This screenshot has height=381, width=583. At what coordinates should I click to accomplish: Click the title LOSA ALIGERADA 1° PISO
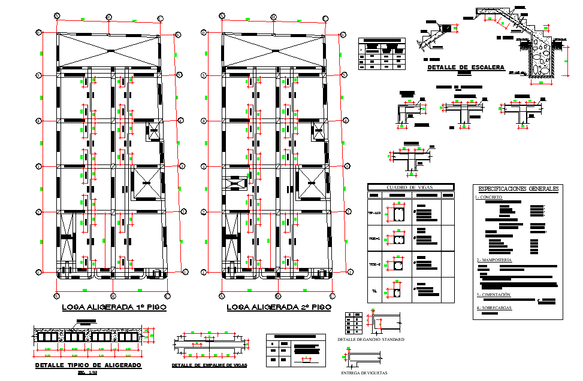pos(114,307)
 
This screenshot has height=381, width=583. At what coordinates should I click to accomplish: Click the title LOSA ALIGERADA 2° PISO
pos(279,307)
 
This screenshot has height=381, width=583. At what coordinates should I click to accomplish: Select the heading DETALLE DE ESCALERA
pos(466,68)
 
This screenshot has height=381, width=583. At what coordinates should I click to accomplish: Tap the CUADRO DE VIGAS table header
pos(410,187)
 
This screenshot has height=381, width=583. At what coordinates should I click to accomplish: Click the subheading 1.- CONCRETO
pos(489,197)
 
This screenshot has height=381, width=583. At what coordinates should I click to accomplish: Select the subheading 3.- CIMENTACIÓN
pos(494,295)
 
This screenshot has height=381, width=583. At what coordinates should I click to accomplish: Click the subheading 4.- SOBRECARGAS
pos(494,308)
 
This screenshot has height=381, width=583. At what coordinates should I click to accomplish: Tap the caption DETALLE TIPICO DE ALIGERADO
pos(88,365)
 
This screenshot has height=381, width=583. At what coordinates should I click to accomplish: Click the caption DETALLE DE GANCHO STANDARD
pos(371,339)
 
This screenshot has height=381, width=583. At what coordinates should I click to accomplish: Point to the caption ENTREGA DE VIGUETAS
pos(365,373)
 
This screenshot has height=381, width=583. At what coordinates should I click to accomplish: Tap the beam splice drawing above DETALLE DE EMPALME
pos(209,344)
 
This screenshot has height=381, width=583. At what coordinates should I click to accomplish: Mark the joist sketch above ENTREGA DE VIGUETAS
pos(366,358)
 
